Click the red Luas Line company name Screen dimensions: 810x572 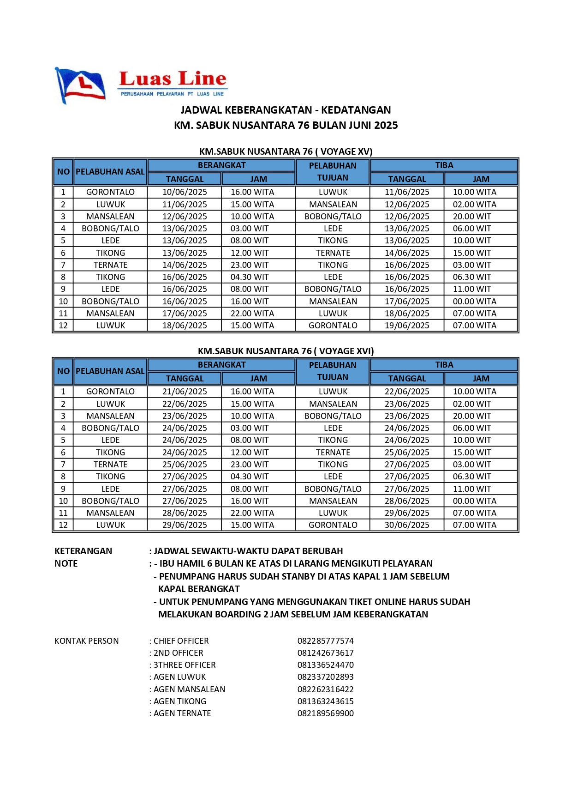[173, 79]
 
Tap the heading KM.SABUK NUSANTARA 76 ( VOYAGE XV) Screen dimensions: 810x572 [286, 151]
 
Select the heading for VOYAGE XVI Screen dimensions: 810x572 [286, 351]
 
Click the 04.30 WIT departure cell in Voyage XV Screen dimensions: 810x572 [250, 277]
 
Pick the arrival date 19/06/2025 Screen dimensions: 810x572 [407, 326]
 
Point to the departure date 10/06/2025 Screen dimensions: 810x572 [185, 192]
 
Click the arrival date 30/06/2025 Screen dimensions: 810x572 [407, 525]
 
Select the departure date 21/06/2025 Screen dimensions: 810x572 [185, 392]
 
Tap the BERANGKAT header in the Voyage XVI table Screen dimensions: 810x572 [221, 365]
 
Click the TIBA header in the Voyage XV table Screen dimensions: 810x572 [444, 165]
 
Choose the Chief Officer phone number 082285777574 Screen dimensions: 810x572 [325, 641]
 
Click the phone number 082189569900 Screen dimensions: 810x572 [325, 713]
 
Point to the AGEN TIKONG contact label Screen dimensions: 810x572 [179, 701]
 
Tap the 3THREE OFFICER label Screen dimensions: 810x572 [184, 665]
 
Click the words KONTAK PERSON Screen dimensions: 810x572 [87, 641]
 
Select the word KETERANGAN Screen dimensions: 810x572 [83, 551]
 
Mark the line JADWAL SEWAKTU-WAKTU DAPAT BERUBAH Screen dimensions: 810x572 [248, 551]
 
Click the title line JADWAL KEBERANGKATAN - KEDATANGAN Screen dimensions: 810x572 [286, 110]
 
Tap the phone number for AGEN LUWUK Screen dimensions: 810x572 [325, 677]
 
